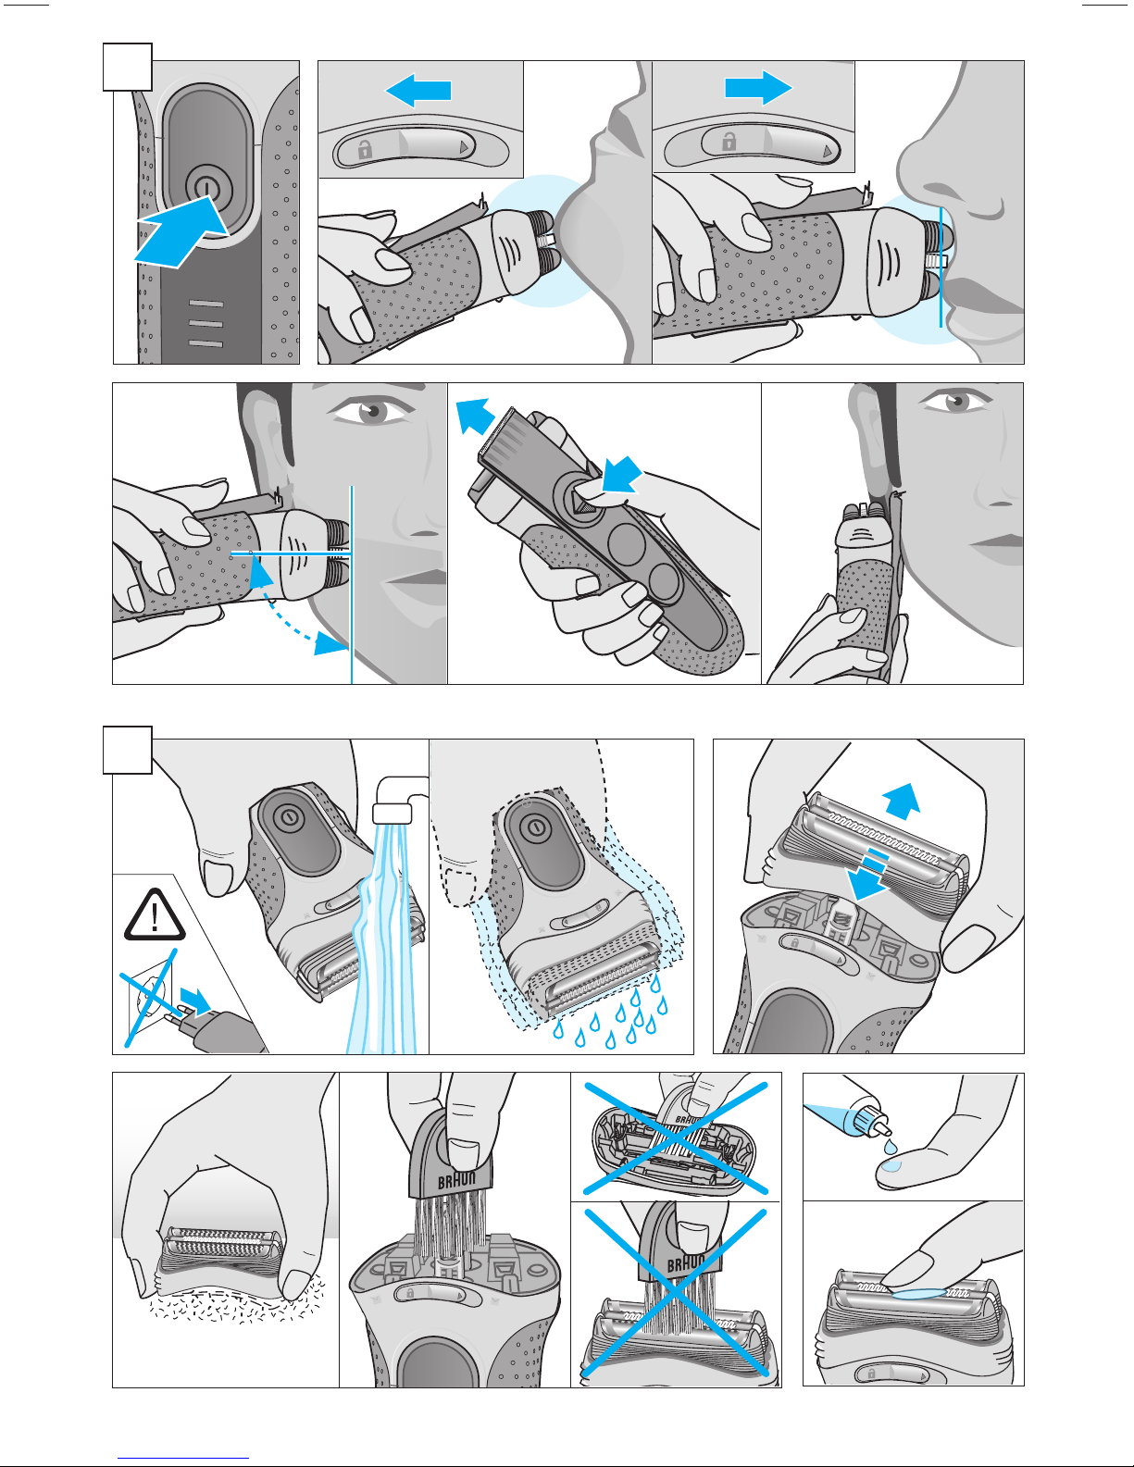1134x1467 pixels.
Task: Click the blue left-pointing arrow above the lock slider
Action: [418, 91]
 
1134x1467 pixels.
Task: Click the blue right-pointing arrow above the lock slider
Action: [759, 88]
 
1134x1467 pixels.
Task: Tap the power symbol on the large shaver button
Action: [208, 189]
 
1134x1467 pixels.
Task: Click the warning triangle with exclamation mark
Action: [155, 914]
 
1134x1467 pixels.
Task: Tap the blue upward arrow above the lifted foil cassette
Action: [902, 802]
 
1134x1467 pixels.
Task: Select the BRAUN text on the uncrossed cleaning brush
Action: [457, 1180]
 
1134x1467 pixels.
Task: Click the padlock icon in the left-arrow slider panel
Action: [365, 148]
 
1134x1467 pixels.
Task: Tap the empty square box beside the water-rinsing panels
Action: [128, 750]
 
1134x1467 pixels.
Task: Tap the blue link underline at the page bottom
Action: [183, 1458]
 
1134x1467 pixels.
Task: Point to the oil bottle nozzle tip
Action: [886, 1129]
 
